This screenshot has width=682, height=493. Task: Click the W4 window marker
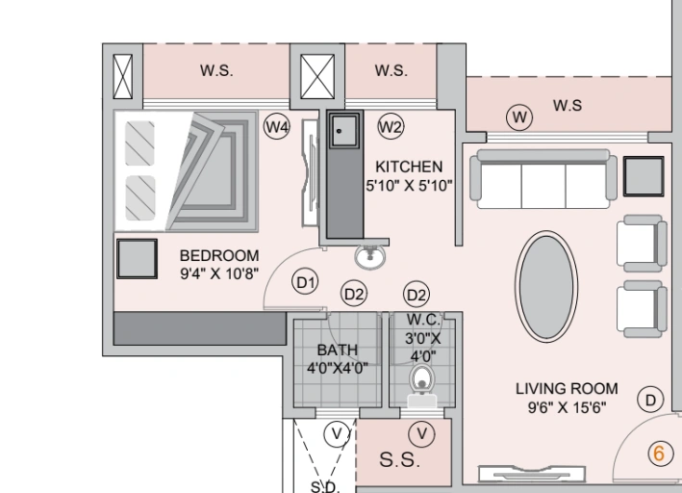point(277,126)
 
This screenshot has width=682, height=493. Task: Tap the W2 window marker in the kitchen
point(390,126)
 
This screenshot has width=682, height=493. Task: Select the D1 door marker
point(305,282)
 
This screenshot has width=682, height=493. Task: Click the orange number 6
point(659,453)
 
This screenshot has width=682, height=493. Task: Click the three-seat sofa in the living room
point(543,177)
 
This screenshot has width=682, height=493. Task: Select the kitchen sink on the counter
point(341,130)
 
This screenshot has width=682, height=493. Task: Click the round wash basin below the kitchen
point(369,256)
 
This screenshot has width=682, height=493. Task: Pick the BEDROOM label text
point(219,255)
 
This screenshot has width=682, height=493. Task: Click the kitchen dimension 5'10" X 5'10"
point(409,186)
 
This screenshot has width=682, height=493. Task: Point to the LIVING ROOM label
point(567,389)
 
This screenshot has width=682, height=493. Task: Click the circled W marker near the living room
point(520,117)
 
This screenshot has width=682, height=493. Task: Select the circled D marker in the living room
point(651,400)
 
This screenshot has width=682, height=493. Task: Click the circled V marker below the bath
point(336,434)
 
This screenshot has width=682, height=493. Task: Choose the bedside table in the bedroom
point(138,259)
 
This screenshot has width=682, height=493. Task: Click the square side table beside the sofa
point(642,174)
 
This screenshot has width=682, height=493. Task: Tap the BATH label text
point(337,350)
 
